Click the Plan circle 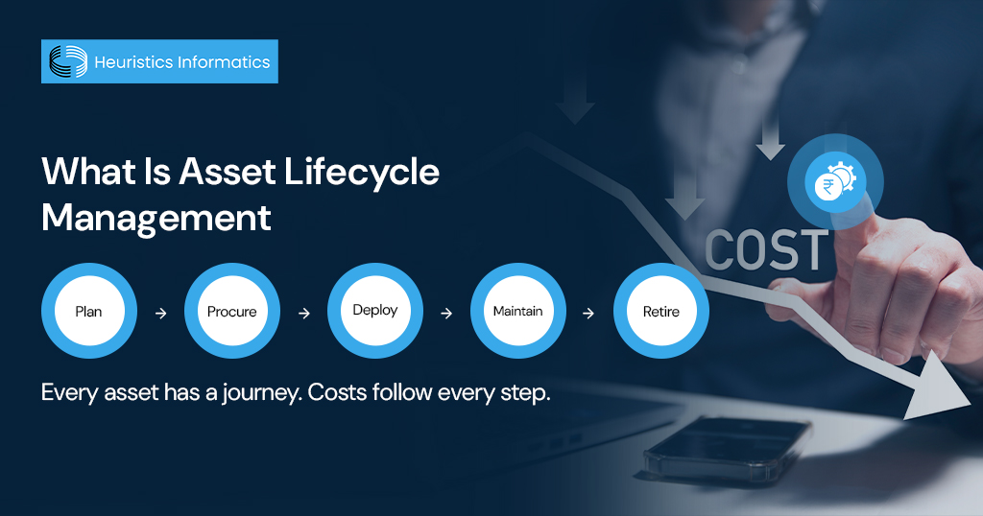(x=88, y=311)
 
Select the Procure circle (x=231, y=311)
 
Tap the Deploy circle (x=374, y=311)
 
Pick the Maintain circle (x=517, y=311)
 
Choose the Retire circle (x=660, y=311)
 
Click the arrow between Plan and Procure (x=160, y=313)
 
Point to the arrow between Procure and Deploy (x=303, y=313)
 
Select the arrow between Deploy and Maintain (x=446, y=313)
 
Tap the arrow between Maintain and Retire (x=589, y=313)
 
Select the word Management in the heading (x=156, y=218)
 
